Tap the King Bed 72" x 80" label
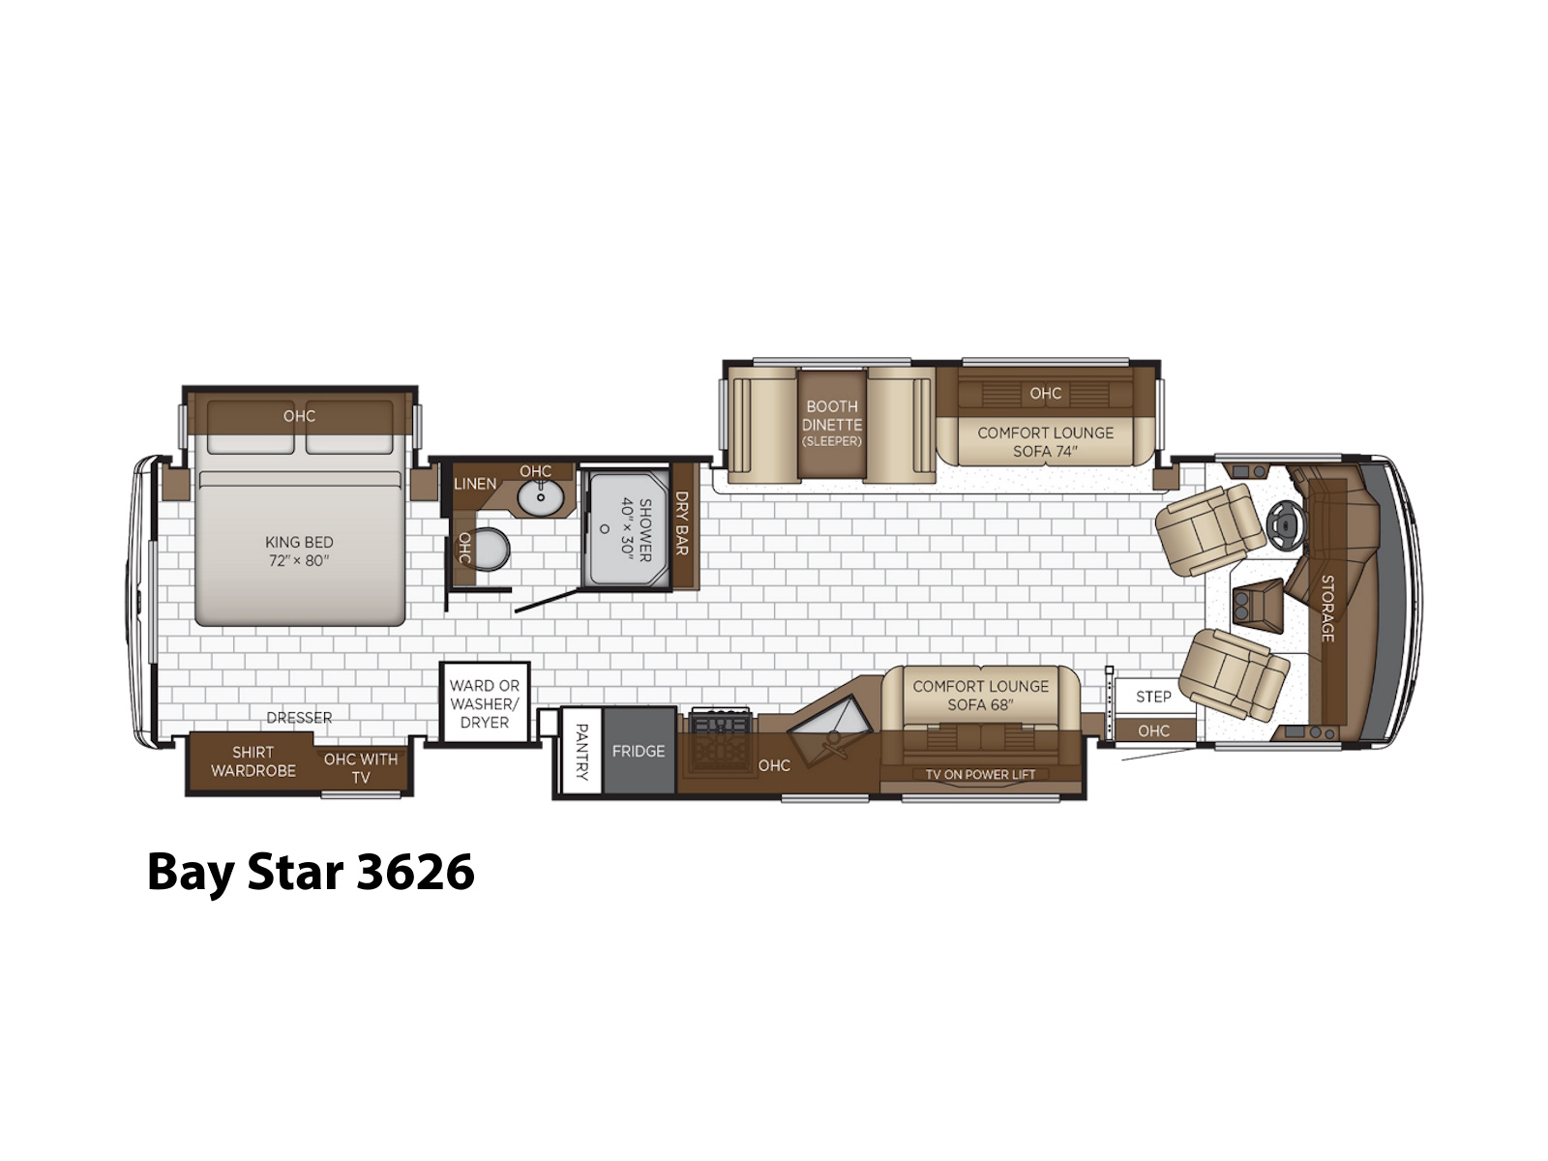[299, 551]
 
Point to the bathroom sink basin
[540, 497]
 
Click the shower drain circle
[605, 528]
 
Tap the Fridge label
[639, 752]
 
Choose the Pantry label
[581, 752]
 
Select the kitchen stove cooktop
[720, 743]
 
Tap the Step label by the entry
[1153, 698]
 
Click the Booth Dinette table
[832, 424]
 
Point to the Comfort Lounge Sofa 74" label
[1045, 442]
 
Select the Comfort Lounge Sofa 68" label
[980, 695]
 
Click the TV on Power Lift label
[980, 774]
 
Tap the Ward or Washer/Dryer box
[485, 702]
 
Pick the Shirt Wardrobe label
[253, 761]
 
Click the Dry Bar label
[681, 523]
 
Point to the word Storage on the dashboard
[1327, 609]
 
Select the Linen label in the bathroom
[475, 484]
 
